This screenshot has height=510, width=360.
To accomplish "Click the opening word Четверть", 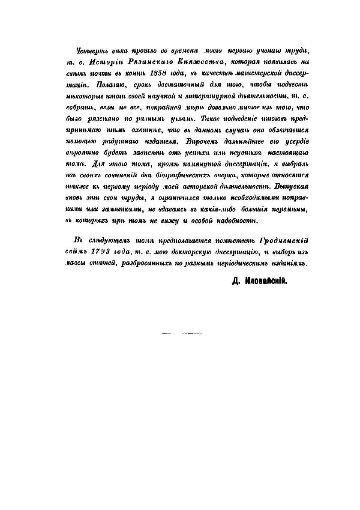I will tap(90, 52).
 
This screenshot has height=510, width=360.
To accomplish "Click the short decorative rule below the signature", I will tap(182, 333).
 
